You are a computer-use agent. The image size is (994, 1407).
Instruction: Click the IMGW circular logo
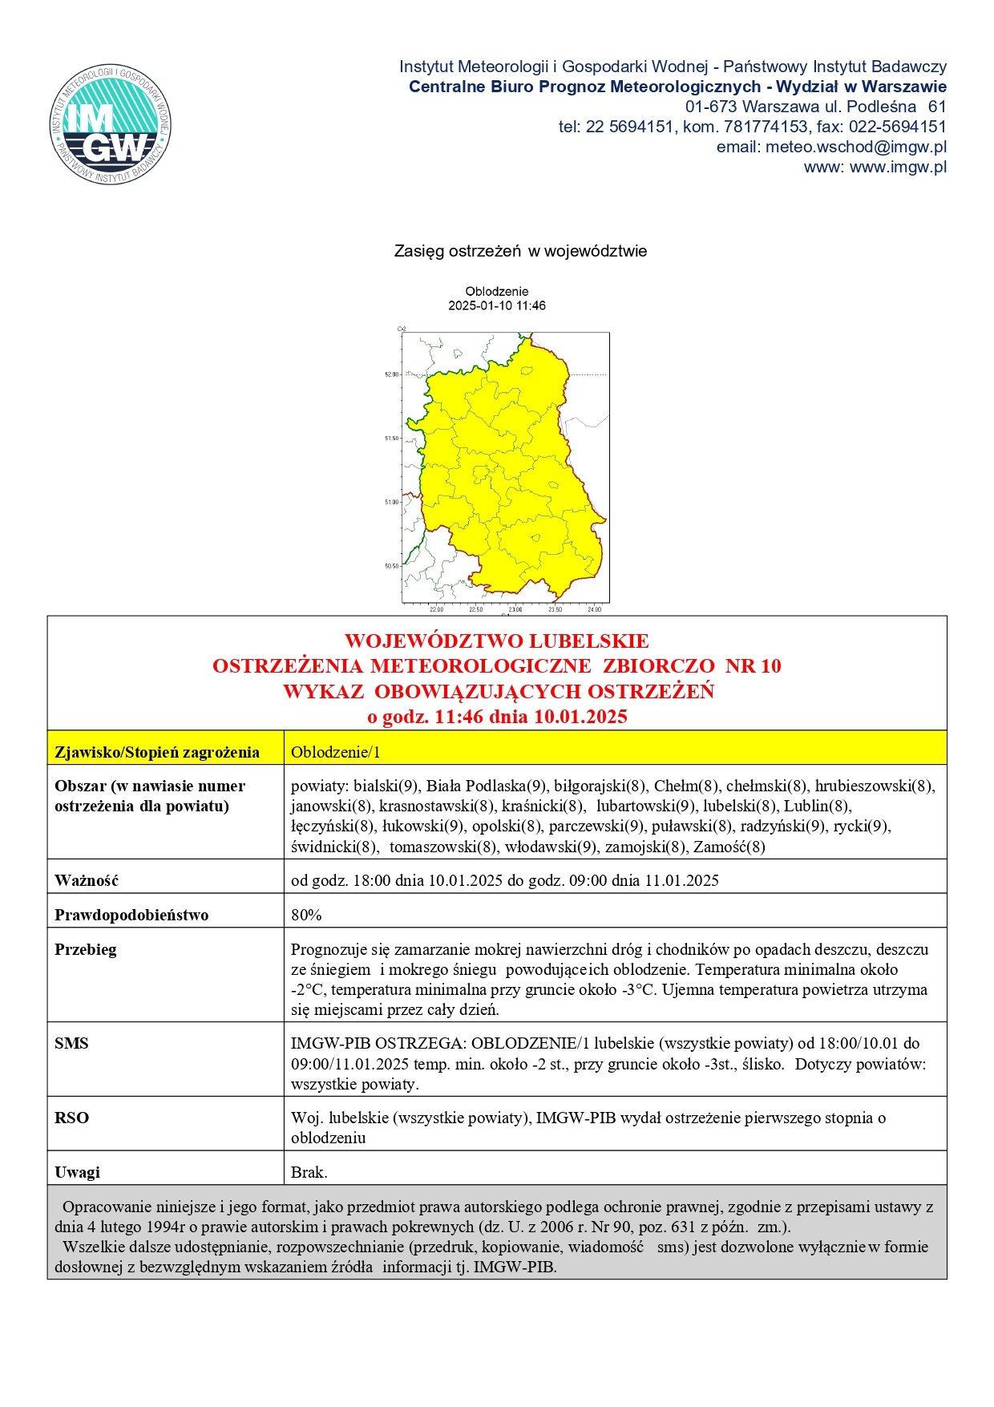111,124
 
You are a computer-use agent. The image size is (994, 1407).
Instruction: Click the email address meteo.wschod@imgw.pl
855,147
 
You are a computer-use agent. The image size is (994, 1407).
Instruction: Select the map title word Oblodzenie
496,291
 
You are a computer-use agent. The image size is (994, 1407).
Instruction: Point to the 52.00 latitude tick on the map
391,374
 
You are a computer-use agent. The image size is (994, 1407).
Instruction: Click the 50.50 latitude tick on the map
391,566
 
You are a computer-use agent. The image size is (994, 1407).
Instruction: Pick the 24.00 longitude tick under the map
594,609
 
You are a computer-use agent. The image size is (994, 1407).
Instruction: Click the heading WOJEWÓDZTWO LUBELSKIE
496,641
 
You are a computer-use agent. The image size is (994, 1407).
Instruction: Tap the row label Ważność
87,880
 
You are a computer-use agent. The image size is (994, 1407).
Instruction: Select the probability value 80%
306,915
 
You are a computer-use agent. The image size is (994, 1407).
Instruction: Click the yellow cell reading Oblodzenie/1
336,752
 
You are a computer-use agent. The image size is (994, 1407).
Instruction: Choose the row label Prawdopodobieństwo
131,915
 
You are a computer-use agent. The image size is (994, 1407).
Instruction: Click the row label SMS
71,1043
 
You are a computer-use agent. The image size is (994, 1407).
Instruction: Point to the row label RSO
71,1118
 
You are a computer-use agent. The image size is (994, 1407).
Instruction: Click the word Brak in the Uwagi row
309,1172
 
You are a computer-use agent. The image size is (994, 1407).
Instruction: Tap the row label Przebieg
86,949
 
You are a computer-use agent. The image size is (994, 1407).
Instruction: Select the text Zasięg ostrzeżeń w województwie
520,251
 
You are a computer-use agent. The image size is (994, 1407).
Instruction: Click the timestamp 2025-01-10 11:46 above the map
496,305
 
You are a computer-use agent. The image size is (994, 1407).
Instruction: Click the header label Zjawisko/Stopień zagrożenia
157,752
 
